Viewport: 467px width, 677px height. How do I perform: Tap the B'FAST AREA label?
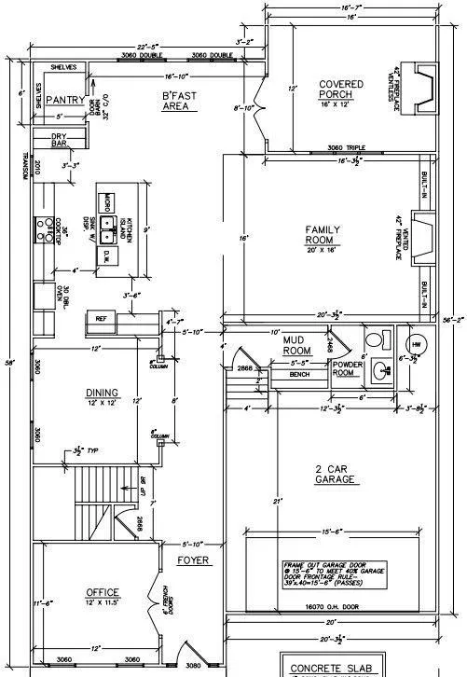(178, 102)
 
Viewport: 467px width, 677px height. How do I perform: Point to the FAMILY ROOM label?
(323, 234)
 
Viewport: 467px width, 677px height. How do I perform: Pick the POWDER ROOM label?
(348, 368)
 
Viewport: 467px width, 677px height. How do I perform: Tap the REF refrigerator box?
(102, 319)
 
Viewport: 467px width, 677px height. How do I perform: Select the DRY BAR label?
(58, 141)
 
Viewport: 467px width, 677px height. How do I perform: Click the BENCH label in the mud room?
(273, 374)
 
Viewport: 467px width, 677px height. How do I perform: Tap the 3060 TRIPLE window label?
(346, 148)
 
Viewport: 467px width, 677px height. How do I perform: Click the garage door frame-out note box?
(337, 572)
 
